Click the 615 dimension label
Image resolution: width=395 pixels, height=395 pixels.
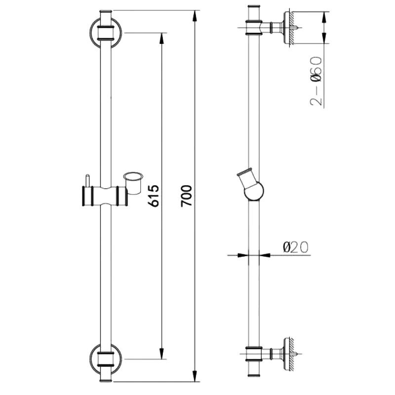tap(154, 196)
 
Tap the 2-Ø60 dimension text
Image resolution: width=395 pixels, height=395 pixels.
tap(316, 81)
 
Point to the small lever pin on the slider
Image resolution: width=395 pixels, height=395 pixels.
tap(87, 180)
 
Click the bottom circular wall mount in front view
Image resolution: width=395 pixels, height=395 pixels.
tap(105, 359)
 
